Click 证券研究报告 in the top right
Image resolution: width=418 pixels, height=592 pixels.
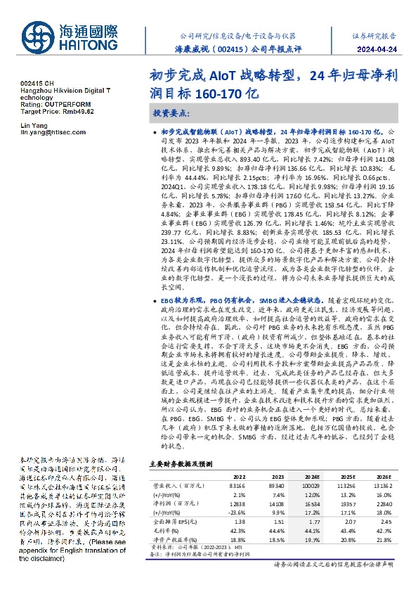click(383, 35)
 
